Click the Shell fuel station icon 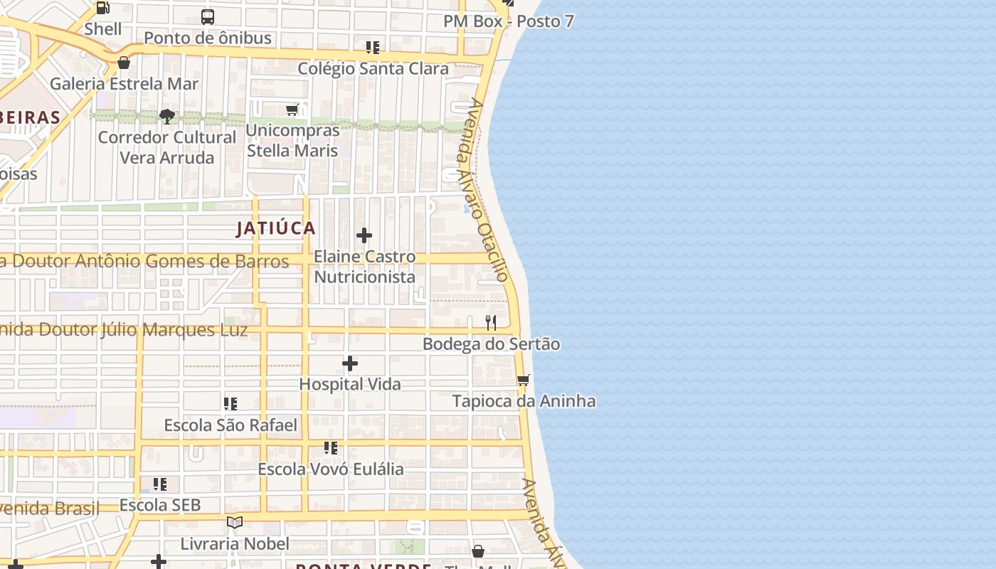(x=102, y=9)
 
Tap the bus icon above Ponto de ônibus (x=208, y=17)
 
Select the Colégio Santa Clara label (x=373, y=69)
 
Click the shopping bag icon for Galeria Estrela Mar (x=124, y=63)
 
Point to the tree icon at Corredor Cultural (x=167, y=116)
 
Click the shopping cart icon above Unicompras (x=292, y=110)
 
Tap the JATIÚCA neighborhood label (x=276, y=228)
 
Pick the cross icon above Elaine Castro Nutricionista (x=364, y=235)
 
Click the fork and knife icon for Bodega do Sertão (x=491, y=323)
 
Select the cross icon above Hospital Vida (x=350, y=364)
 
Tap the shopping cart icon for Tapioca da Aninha (x=524, y=380)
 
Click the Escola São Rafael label (x=231, y=425)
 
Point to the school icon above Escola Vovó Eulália (x=330, y=448)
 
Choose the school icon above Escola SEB (x=160, y=484)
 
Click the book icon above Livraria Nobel (x=235, y=523)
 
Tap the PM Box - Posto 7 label (x=508, y=21)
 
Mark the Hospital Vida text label (x=350, y=384)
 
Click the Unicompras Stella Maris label (x=292, y=141)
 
